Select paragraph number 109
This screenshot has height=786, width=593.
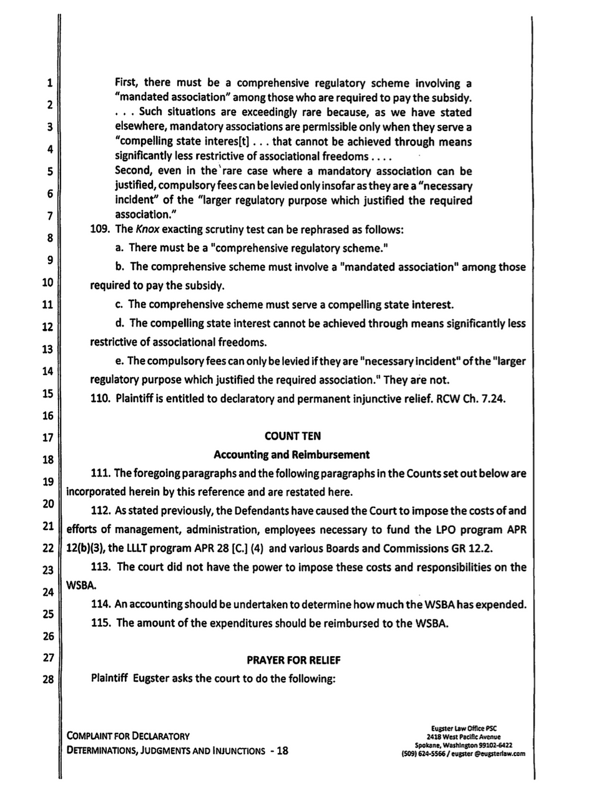100,229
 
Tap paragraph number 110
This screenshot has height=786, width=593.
100,400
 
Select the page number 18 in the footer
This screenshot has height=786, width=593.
282,750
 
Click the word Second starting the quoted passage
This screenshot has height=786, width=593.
134,171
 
